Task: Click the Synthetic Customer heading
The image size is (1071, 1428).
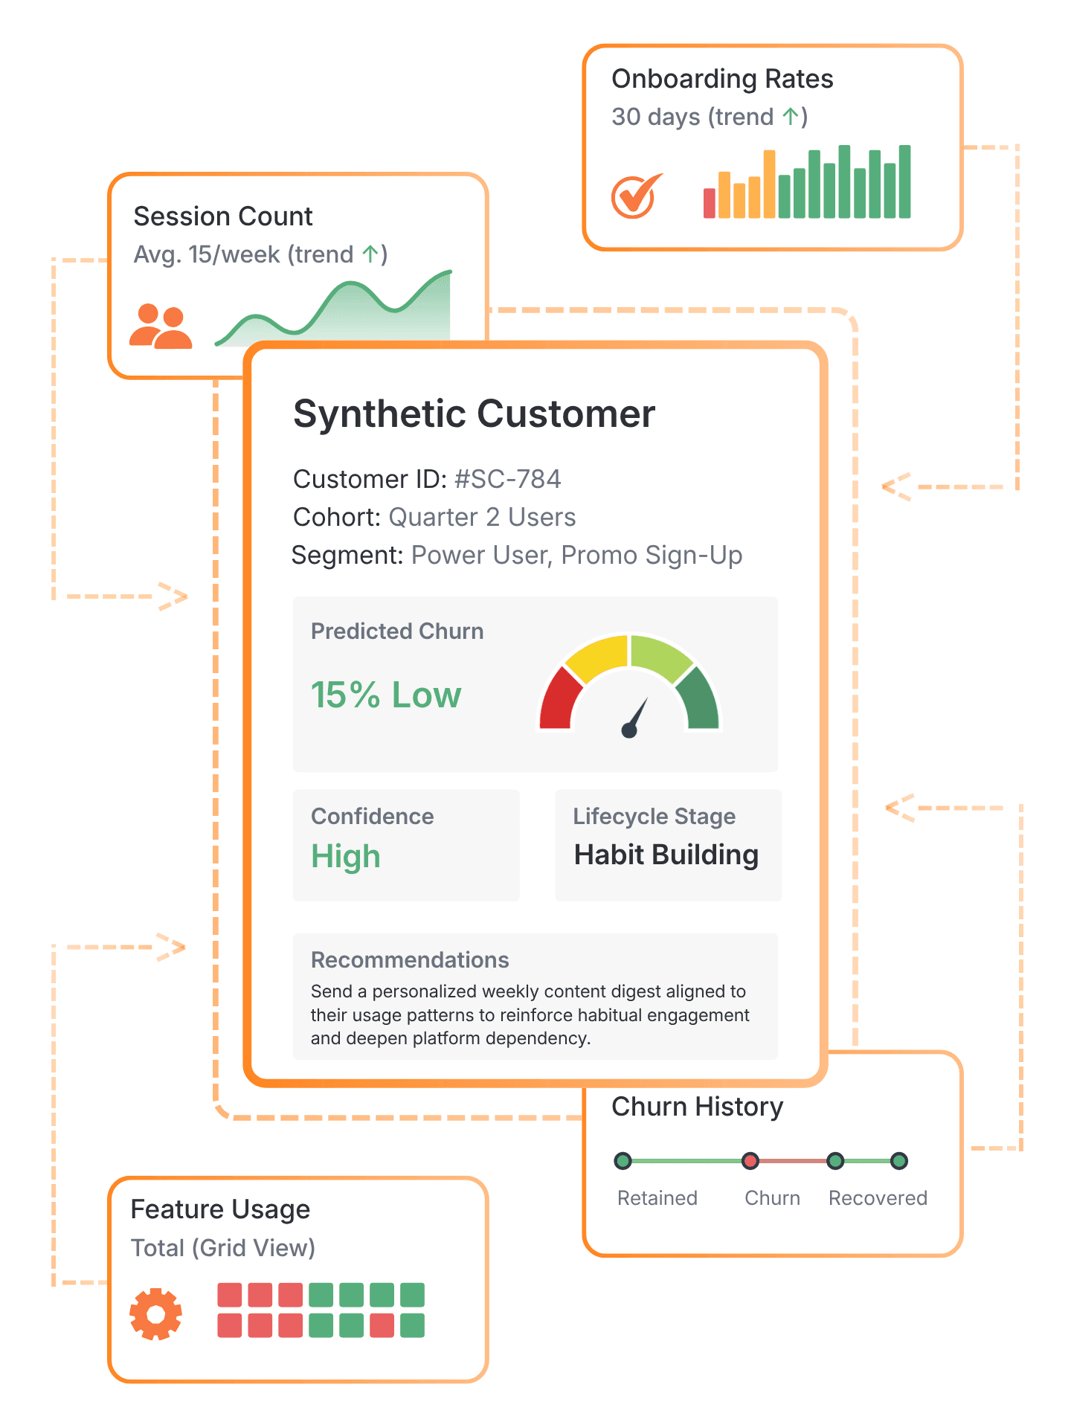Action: point(474,414)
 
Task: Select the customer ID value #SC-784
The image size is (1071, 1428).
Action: point(508,479)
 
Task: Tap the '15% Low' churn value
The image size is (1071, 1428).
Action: point(385,695)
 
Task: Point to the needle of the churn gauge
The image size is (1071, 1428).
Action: point(637,716)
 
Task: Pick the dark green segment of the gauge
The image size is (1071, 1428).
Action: point(699,699)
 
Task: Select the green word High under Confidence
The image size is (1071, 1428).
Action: point(346,856)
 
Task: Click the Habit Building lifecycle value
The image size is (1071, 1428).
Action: point(666,855)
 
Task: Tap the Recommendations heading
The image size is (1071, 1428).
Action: point(410,959)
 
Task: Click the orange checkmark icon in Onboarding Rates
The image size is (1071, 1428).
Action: point(636,196)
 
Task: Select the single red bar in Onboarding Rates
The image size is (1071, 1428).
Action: point(710,203)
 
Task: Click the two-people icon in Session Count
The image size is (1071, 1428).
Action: point(161,327)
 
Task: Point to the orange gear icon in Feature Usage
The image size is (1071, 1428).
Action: point(155,1314)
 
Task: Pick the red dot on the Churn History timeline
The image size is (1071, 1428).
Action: point(750,1161)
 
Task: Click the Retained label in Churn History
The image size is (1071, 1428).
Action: point(657,1198)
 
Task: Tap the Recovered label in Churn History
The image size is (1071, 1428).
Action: point(878,1198)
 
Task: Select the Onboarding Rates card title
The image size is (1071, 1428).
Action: point(722,79)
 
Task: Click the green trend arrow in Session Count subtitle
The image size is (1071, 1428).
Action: point(370,254)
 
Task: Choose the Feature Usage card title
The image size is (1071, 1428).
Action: point(220,1209)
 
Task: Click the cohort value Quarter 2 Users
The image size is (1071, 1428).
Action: point(482,517)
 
